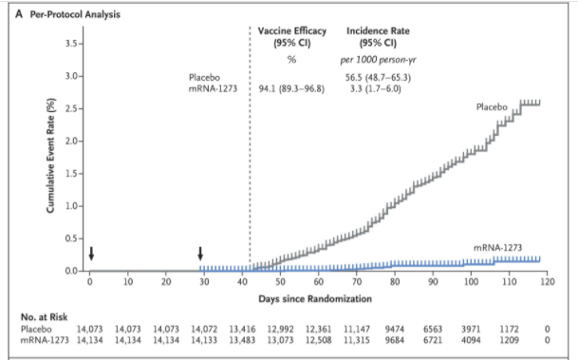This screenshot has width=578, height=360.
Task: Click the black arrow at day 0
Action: tap(91, 254)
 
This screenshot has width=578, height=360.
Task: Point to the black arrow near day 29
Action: tap(200, 254)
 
